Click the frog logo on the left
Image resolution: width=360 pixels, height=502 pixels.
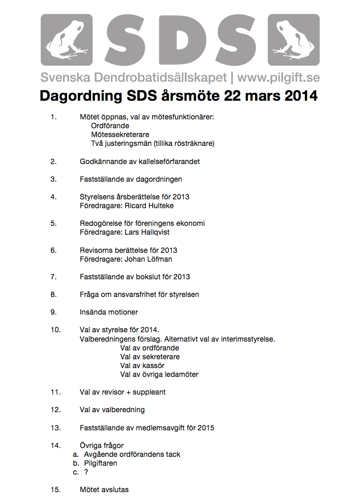(x=66, y=40)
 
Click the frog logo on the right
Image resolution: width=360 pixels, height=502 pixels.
(x=294, y=40)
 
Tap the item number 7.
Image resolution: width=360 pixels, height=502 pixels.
(x=54, y=277)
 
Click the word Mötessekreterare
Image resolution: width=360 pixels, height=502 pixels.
(x=119, y=134)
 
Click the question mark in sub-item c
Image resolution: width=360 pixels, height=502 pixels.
(x=86, y=472)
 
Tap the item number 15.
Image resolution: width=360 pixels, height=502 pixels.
(x=56, y=490)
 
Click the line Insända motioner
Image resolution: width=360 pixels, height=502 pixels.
(x=109, y=312)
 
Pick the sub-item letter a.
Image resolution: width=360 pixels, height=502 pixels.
(x=75, y=454)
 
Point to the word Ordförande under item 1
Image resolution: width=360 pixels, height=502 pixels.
(x=110, y=126)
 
